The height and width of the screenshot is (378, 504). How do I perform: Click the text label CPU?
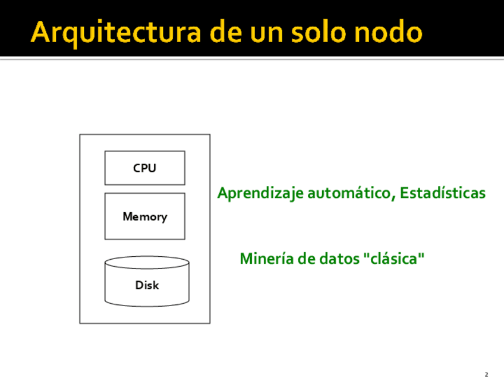(144, 168)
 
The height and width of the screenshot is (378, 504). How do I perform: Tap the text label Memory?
(144, 217)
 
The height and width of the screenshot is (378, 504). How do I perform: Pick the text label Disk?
(147, 285)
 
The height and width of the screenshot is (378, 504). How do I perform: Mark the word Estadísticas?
(442, 193)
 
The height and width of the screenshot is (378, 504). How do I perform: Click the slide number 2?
(486, 374)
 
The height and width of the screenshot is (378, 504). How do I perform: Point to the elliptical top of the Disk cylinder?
(147, 263)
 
